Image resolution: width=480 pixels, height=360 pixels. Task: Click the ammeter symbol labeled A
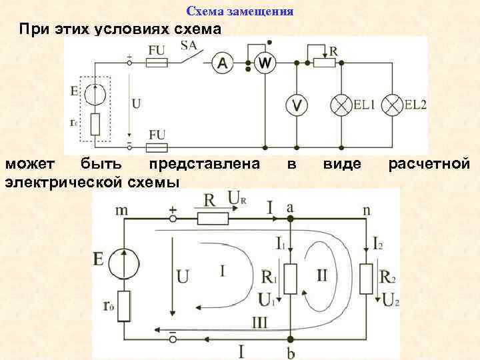click(223, 63)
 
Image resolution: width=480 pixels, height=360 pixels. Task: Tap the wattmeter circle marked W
click(265, 63)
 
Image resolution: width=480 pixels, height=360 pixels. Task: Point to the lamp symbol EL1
click(342, 105)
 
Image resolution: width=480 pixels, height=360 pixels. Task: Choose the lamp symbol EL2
click(394, 105)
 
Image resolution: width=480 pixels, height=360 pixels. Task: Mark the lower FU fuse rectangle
click(156, 146)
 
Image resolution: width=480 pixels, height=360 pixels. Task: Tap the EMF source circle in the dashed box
click(95, 93)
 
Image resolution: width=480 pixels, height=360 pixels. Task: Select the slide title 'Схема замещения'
click(240, 12)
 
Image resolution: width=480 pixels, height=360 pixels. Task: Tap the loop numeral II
click(322, 275)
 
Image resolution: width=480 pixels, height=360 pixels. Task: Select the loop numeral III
click(259, 323)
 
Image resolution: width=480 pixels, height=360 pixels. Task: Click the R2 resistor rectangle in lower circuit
click(366, 278)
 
